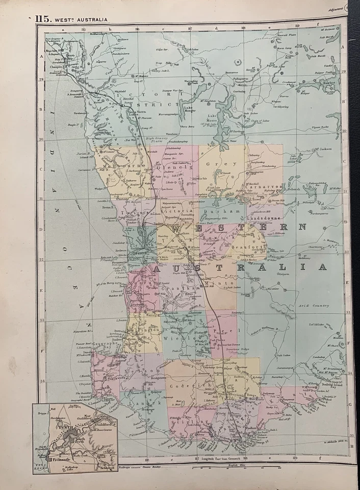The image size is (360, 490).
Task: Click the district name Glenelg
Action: pyautogui.click(x=177, y=167)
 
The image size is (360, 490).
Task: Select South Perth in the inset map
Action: pyautogui.click(x=80, y=439)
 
